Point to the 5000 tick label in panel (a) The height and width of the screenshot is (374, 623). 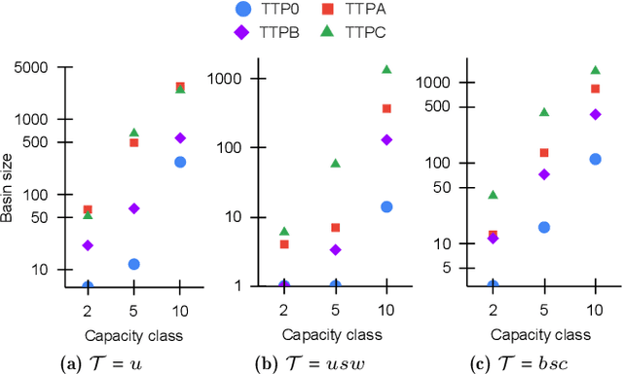[x=37, y=67]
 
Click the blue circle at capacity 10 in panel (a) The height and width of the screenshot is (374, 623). [x=180, y=162]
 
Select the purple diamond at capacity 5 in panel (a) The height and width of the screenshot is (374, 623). [x=134, y=208]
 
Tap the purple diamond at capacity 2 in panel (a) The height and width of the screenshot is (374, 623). [x=88, y=245]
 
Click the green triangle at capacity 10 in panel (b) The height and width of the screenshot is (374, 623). [x=386, y=69]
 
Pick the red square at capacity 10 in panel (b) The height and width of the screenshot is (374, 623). [x=386, y=108]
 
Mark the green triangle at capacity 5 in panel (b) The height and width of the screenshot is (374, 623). [x=336, y=163]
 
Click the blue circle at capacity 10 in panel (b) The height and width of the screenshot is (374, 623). [x=386, y=206]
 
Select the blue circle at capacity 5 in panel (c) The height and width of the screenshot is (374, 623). [x=544, y=227]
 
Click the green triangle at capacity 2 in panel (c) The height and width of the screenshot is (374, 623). [x=493, y=195]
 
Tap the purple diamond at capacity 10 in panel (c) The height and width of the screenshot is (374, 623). [x=595, y=114]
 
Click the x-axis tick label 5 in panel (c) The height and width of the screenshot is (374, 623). [x=544, y=310]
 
